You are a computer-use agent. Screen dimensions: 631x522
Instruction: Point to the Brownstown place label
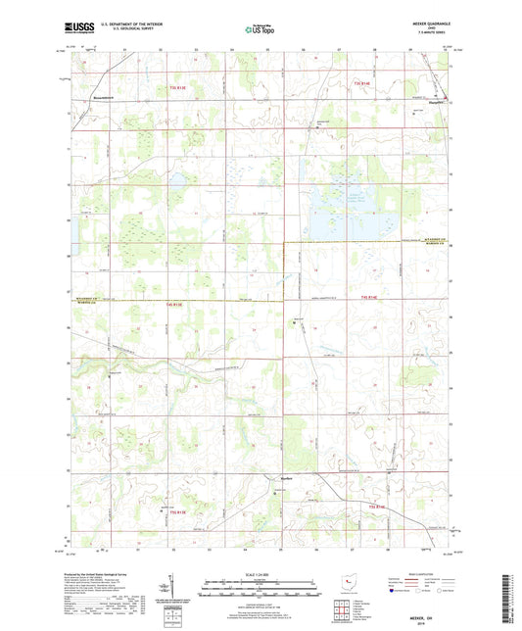[91, 99]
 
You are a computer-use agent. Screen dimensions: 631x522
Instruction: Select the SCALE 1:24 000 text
[261, 572]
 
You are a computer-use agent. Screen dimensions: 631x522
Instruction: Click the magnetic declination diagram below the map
[183, 592]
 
